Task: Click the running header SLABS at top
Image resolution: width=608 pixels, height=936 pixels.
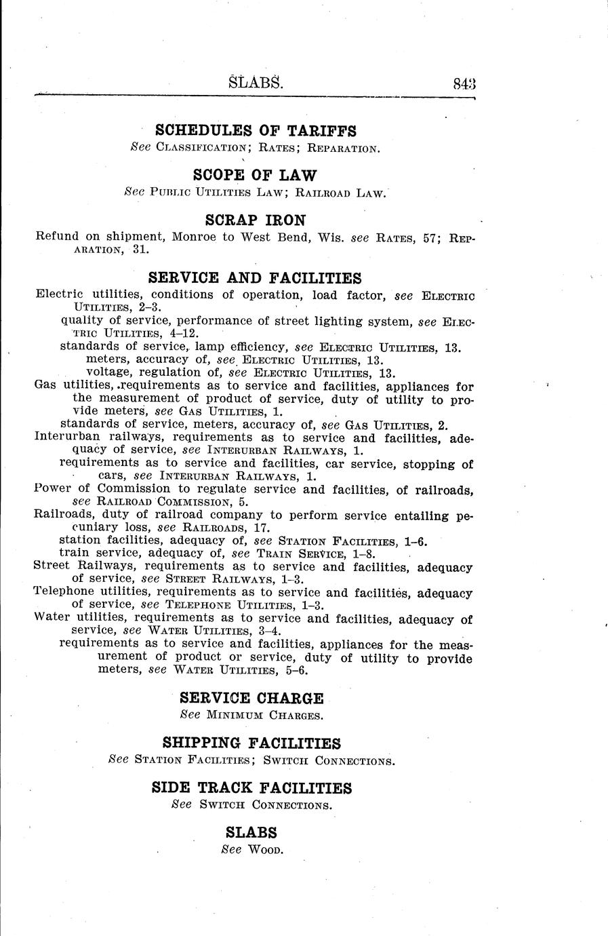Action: tap(256, 83)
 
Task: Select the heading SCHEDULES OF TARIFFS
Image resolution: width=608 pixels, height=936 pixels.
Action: tap(256, 130)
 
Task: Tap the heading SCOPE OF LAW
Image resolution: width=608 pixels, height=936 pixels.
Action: tap(255, 175)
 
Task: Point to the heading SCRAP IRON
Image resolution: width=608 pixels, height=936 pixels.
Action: tap(255, 220)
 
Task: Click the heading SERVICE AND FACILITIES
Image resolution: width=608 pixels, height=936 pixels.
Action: tap(255, 278)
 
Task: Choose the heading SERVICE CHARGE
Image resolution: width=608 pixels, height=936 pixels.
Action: tap(252, 698)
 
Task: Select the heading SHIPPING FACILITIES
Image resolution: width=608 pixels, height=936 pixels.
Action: tap(251, 743)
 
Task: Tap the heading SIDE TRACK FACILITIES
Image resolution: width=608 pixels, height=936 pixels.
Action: tap(251, 788)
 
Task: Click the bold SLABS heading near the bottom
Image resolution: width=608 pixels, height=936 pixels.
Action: tap(251, 833)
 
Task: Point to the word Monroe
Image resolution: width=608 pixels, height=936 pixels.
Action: tap(194, 237)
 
